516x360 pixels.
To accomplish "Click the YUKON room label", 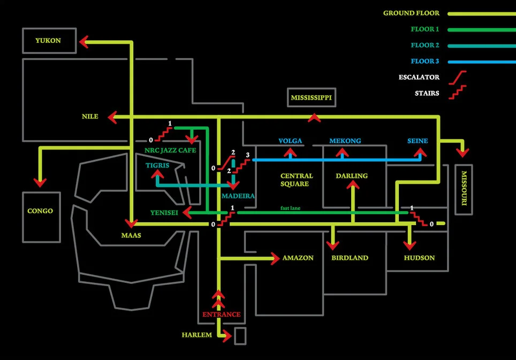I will point(48,41).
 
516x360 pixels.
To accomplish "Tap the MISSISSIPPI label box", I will point(312,98).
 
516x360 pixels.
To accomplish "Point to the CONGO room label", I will point(40,211).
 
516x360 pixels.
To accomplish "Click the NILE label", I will point(90,116).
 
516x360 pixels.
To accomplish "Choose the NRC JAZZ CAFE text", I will point(170,151).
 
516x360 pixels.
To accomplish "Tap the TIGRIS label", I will point(157,166).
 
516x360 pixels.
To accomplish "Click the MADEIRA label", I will point(238,196).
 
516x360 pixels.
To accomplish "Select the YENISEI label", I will point(164,212).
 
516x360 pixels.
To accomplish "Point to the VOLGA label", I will point(290,141).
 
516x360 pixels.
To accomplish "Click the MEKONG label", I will point(345,141).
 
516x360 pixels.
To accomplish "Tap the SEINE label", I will point(418,141).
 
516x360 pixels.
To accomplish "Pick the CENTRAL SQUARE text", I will point(297,180).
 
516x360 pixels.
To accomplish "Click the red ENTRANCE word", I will point(221,314).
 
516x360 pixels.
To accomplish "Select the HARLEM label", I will point(196,335).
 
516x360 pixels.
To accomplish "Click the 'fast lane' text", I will point(291,208).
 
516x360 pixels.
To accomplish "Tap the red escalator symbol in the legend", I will point(459,77).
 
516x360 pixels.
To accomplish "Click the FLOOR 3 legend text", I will point(425,61).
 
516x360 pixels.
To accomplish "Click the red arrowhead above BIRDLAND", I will point(333,246).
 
